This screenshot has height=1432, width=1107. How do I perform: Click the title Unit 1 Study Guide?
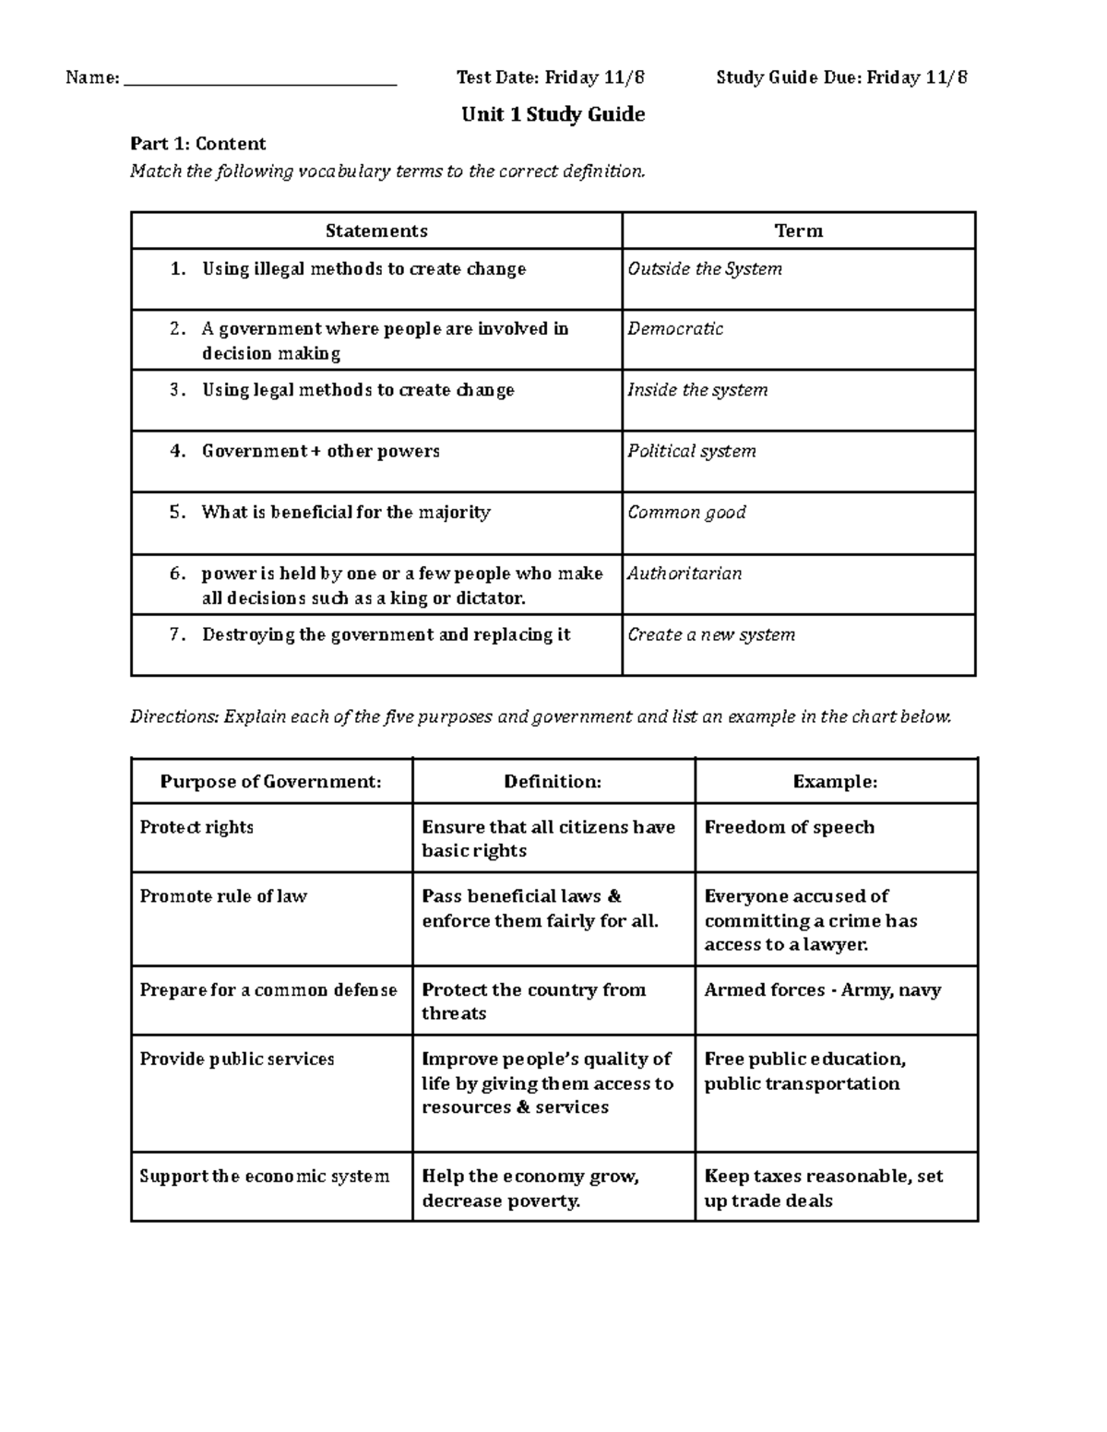pos(553,114)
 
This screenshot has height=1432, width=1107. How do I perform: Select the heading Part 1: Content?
pos(197,144)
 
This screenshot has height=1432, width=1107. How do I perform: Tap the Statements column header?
pos(376,231)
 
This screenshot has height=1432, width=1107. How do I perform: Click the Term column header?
pos(798,231)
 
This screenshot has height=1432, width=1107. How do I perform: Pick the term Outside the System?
pos(705,269)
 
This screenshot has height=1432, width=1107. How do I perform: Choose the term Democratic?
pos(675,329)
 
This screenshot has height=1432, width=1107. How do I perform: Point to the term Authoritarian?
pos(684,574)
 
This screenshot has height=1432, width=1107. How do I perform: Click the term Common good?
pos(686,513)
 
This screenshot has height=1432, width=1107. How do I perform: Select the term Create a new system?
pos(711,634)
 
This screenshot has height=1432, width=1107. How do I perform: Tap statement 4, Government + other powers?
pos(320,452)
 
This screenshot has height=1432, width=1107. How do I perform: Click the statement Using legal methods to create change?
pos(358,390)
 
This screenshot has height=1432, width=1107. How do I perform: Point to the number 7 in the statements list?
pos(176,634)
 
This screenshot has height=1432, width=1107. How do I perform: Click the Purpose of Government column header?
pos(270,782)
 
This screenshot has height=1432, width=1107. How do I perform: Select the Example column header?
pos(835,782)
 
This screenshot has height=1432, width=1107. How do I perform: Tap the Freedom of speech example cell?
pos(789,827)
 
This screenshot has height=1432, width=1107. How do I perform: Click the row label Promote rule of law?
pos(223,896)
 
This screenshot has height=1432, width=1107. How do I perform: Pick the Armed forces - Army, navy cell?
pos(822,990)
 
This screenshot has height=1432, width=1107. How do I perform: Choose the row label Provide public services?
pos(237,1059)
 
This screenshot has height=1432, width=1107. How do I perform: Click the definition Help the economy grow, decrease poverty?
pos(530,1189)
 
